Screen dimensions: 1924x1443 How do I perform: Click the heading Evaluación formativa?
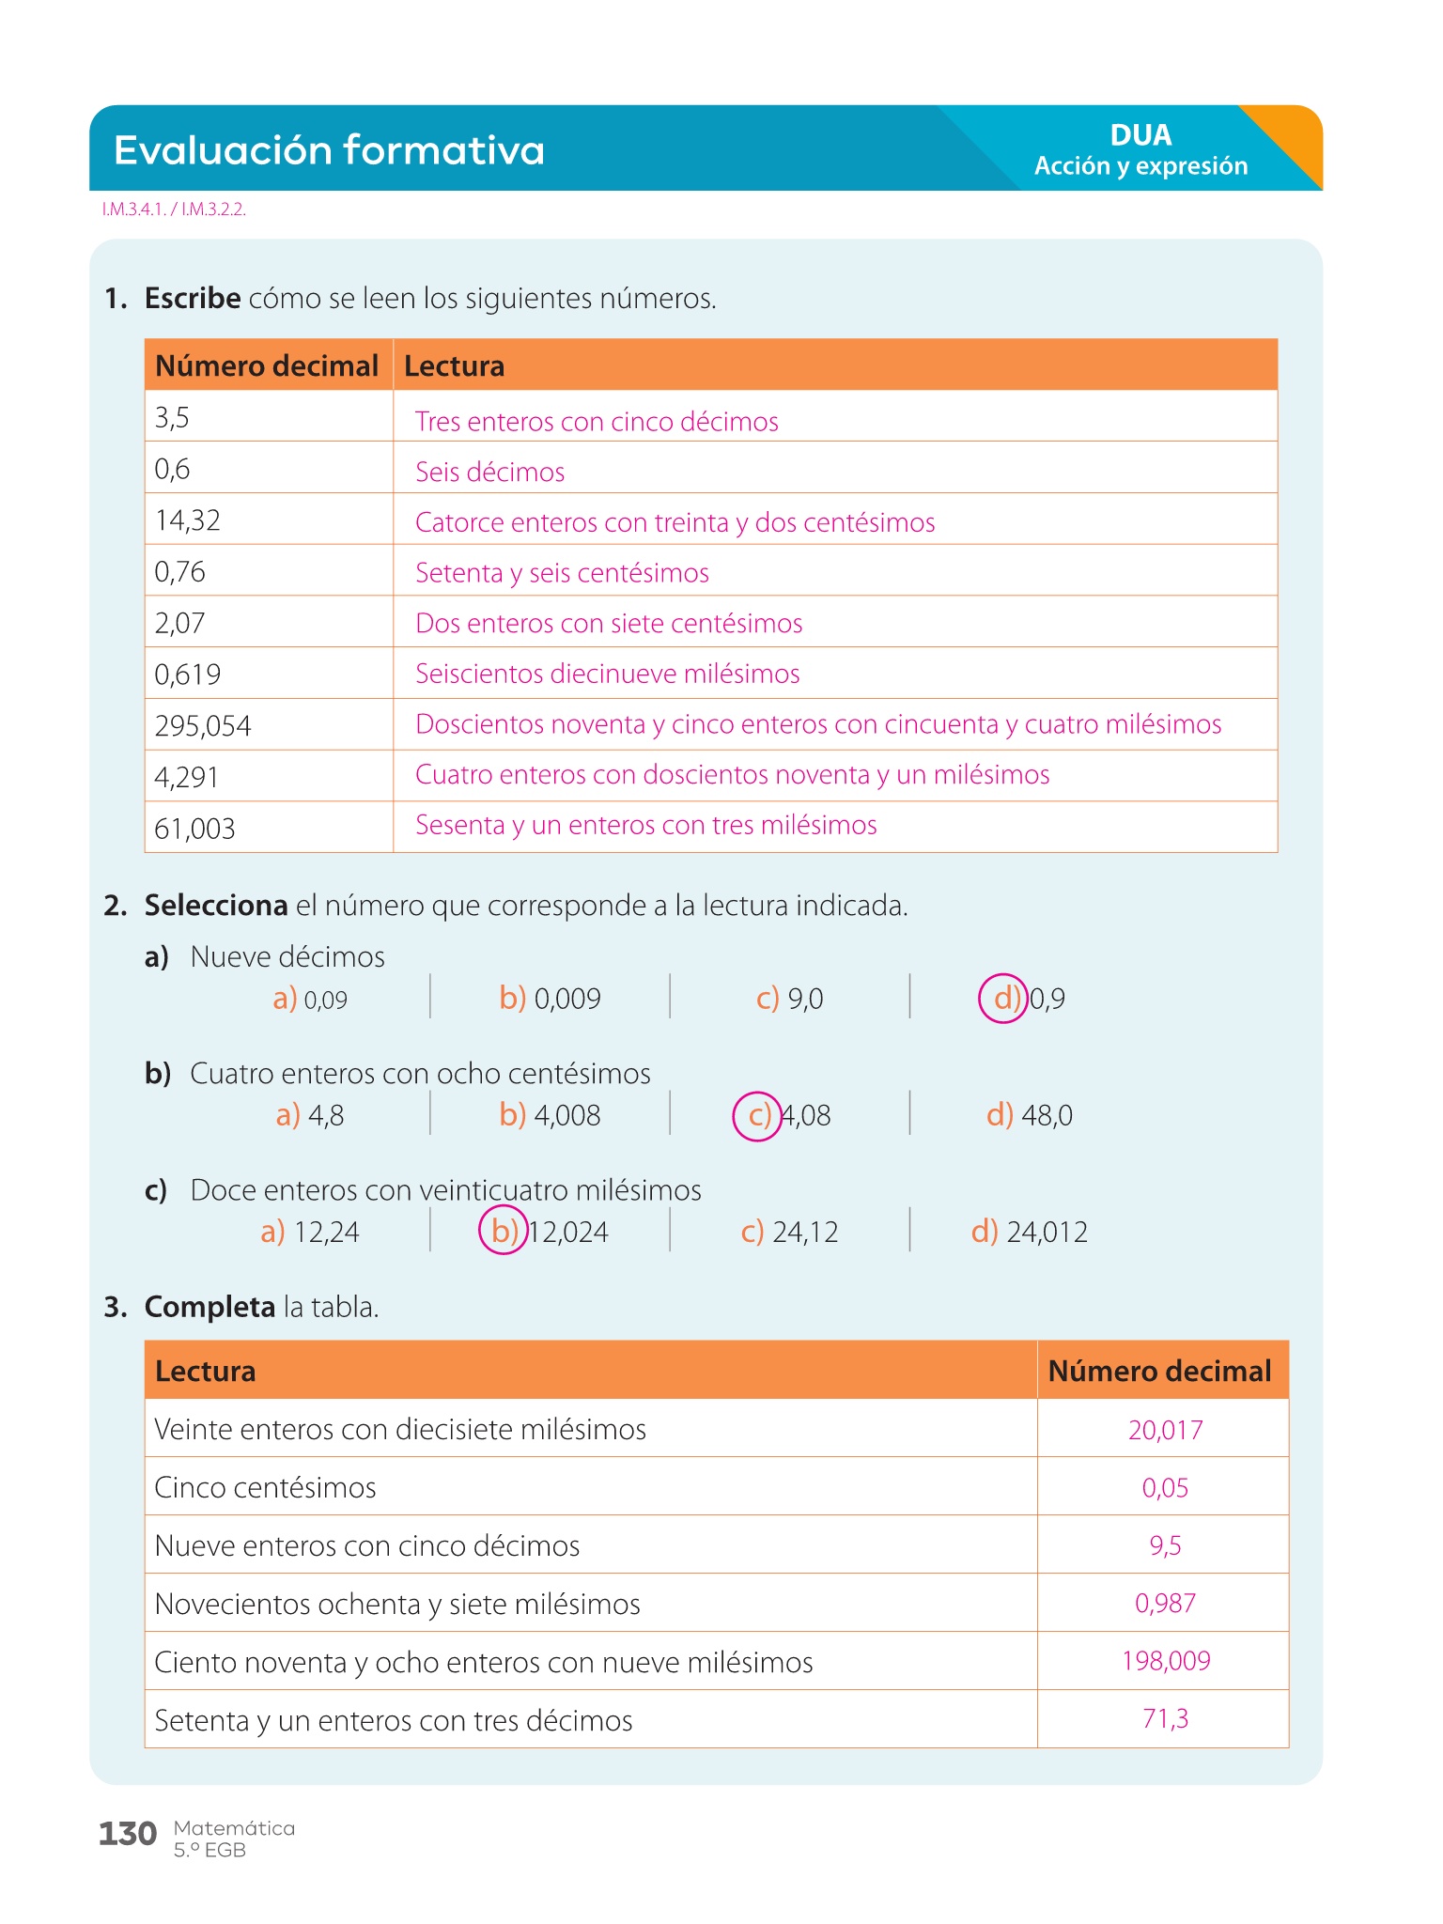pos(329,150)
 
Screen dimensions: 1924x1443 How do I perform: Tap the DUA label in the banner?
pos(1140,135)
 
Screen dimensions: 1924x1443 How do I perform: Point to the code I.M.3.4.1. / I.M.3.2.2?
pos(174,209)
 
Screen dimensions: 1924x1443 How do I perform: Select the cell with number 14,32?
pos(188,520)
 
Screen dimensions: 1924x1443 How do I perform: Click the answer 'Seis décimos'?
pos(489,472)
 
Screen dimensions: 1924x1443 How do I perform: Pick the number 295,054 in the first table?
pos(203,726)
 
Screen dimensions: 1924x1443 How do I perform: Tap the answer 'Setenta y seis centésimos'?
pos(562,573)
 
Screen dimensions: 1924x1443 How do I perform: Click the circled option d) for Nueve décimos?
pos(1004,998)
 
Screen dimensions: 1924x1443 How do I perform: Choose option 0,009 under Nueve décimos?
pos(566,999)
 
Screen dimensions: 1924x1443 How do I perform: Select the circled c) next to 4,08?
pos(757,1115)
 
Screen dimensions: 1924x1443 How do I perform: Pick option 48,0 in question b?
pos(1047,1115)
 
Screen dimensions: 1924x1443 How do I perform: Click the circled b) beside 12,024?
pos(504,1231)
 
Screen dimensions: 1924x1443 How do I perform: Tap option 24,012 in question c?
pos(1047,1232)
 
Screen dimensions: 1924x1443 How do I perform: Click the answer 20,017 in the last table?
pos(1165,1430)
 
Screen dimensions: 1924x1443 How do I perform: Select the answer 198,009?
pos(1165,1661)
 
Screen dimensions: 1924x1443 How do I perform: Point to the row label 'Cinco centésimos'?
pos(265,1488)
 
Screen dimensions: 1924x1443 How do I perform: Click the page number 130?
pos(128,1834)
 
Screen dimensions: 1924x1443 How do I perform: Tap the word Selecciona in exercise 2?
pos(215,906)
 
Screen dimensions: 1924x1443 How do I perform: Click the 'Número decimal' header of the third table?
pos(1159,1372)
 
